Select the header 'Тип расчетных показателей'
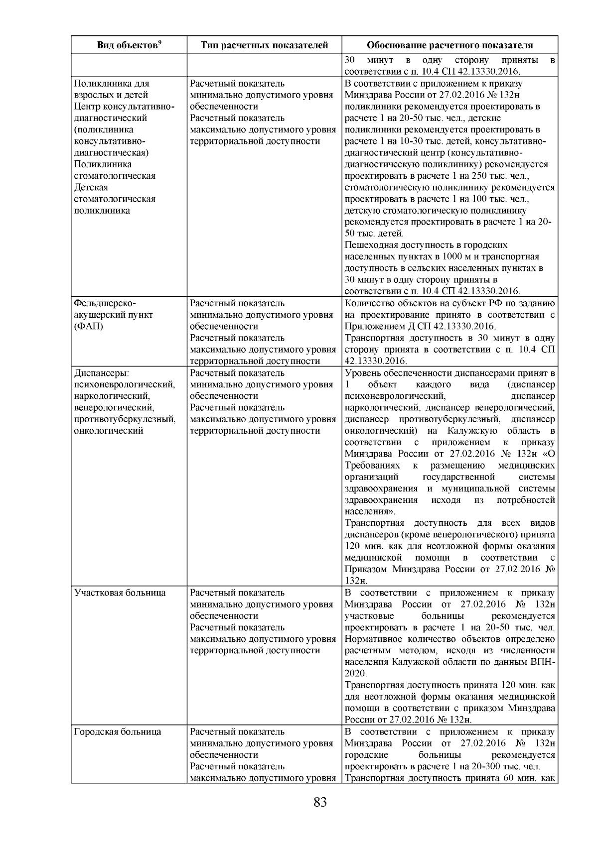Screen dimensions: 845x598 [264, 45]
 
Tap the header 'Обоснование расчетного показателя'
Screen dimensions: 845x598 [449, 45]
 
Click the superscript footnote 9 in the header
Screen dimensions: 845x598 [159, 42]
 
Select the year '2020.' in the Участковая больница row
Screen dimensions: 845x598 [355, 674]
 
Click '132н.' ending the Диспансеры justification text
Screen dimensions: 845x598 [356, 581]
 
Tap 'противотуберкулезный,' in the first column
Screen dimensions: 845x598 [125, 419]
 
